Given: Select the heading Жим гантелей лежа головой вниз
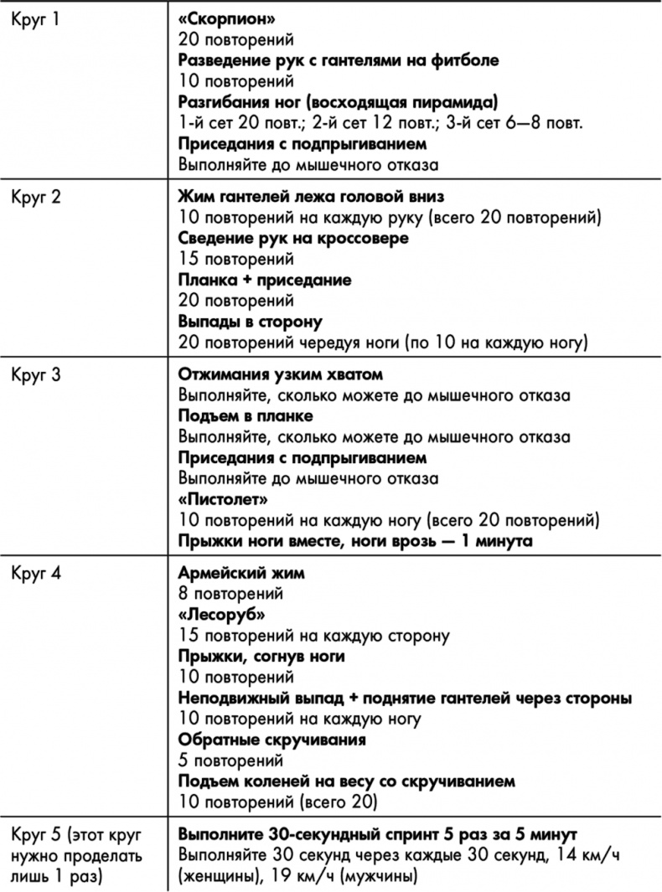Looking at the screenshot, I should click(311, 198).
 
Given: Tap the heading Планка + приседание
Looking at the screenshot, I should click(265, 280).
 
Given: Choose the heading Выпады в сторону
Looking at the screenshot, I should click(251, 322).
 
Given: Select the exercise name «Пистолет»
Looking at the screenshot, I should click(224, 500).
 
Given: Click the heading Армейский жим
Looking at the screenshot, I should click(242, 575).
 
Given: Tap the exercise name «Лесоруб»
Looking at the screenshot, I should click(222, 616).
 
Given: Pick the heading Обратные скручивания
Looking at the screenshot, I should click(272, 740).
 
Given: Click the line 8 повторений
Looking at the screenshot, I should click(231, 595).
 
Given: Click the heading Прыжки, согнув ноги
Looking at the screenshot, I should click(261, 657).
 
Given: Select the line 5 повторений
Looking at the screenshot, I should click(231, 761).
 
